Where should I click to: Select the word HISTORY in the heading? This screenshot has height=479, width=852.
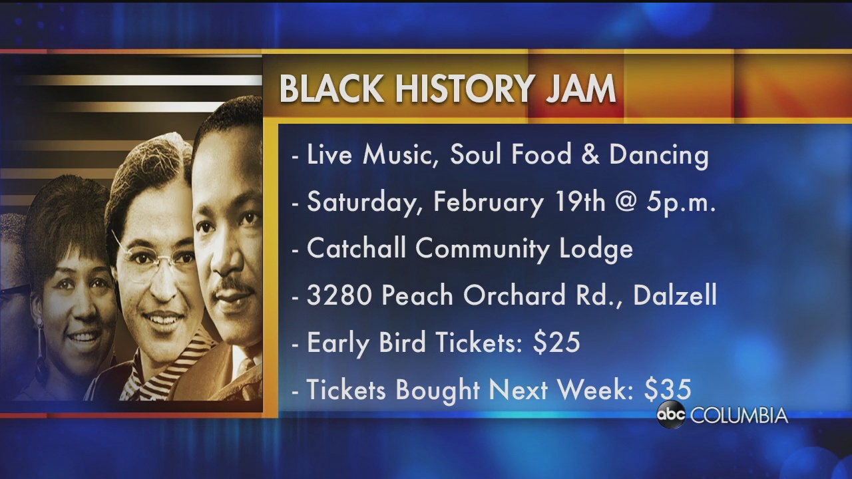pyautogui.click(x=463, y=89)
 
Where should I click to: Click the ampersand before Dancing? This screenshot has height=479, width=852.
pyautogui.click(x=590, y=155)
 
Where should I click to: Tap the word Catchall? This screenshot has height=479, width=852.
pyautogui.click(x=356, y=248)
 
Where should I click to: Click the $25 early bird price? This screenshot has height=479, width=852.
pyautogui.click(x=556, y=342)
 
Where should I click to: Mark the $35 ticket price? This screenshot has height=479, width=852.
pyautogui.click(x=668, y=389)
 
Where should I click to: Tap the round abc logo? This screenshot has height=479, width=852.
pyautogui.click(x=671, y=414)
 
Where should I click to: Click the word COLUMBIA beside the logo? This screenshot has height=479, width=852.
pyautogui.click(x=739, y=415)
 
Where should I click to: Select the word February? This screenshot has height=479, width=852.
pyautogui.click(x=489, y=203)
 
